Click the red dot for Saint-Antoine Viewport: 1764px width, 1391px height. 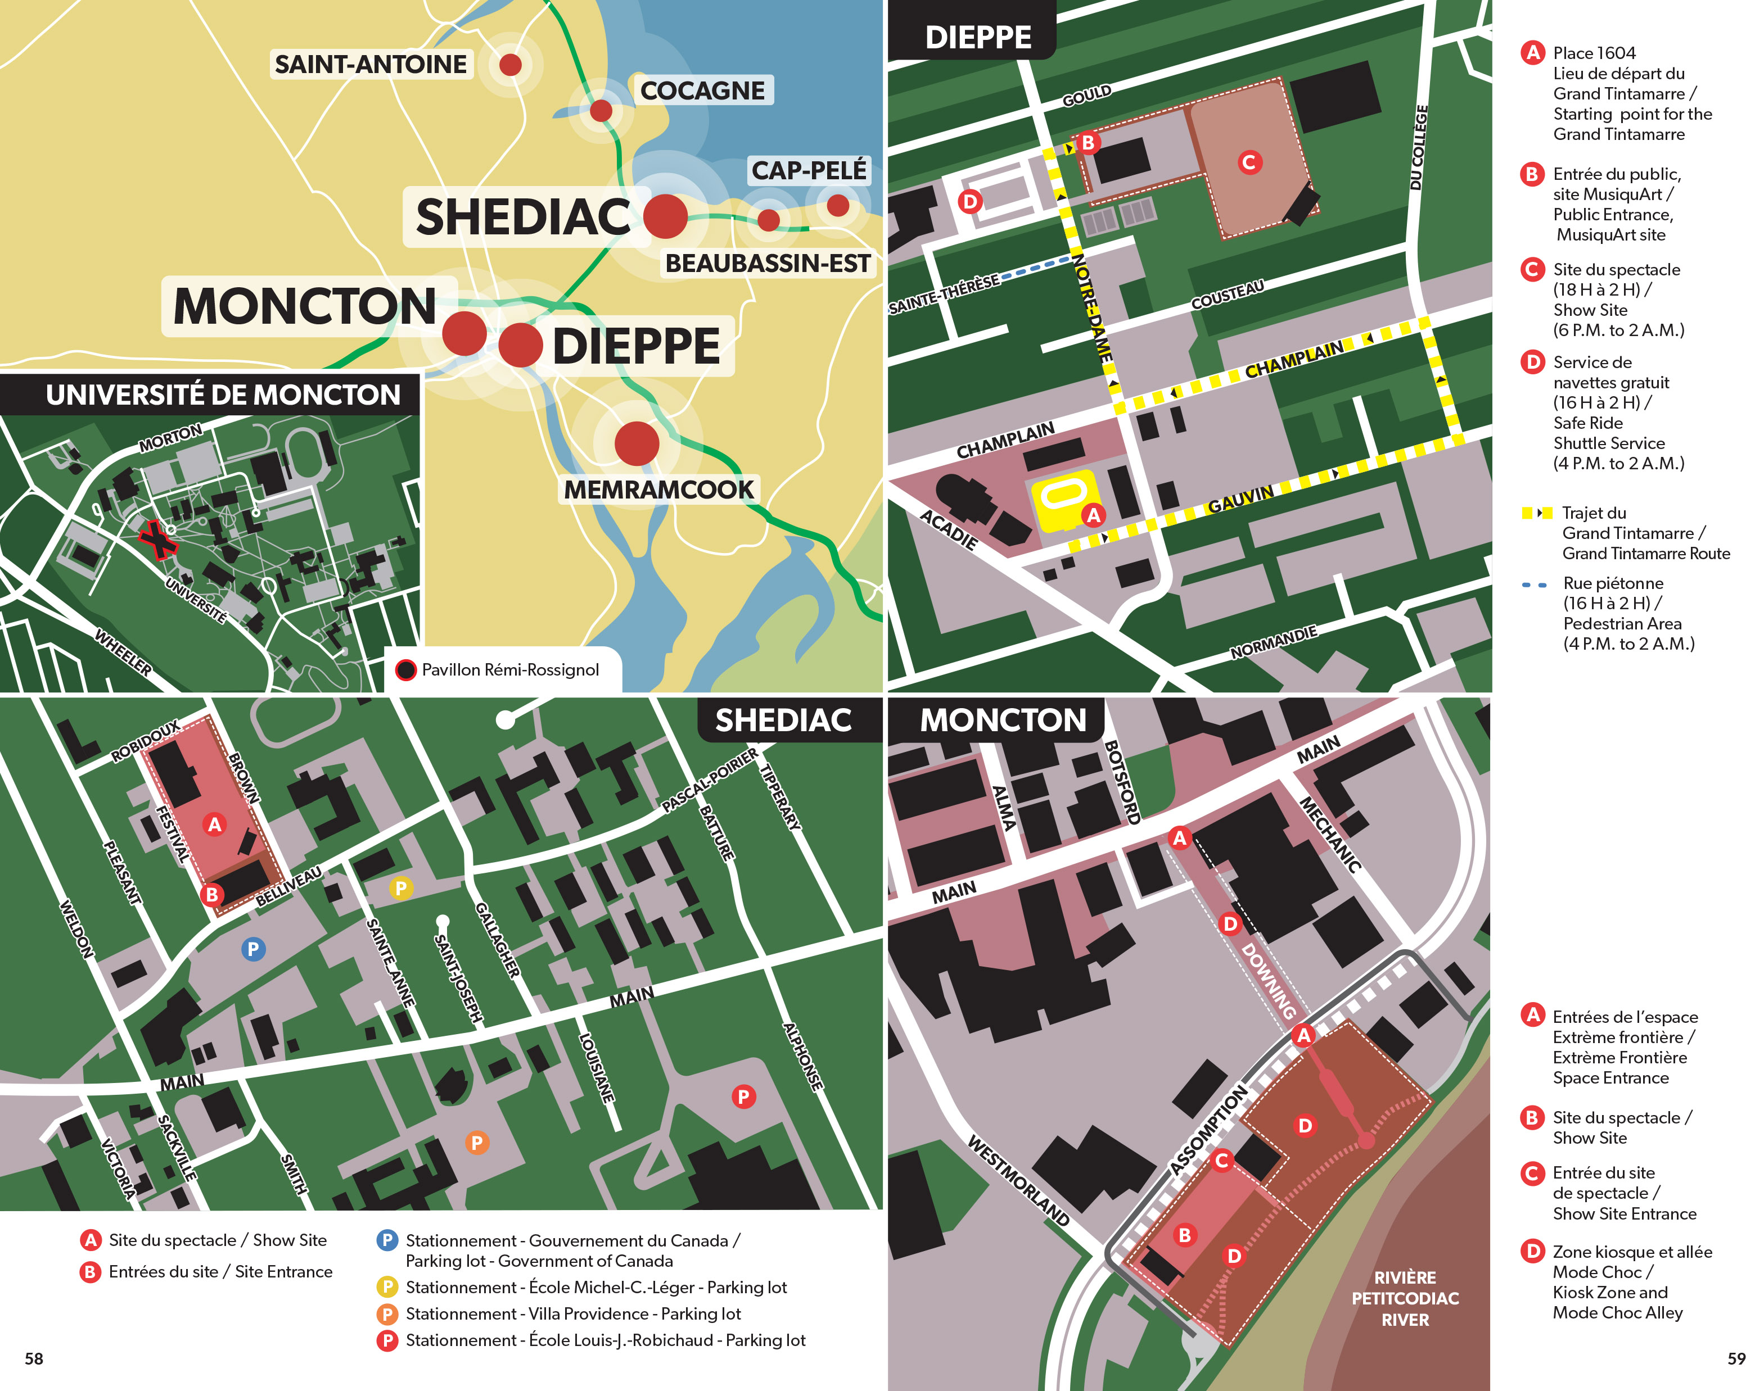510,64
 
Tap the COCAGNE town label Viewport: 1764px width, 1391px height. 702,90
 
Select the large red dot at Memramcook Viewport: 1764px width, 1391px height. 637,444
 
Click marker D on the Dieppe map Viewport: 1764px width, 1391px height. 969,201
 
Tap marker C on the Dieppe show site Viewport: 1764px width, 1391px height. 1248,162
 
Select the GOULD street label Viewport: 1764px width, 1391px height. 1086,96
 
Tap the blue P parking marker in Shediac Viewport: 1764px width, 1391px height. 254,949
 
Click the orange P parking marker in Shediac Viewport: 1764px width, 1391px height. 477,1143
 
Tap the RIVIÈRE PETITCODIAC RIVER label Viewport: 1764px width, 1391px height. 1405,1298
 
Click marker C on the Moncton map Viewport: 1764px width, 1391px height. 1221,1161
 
